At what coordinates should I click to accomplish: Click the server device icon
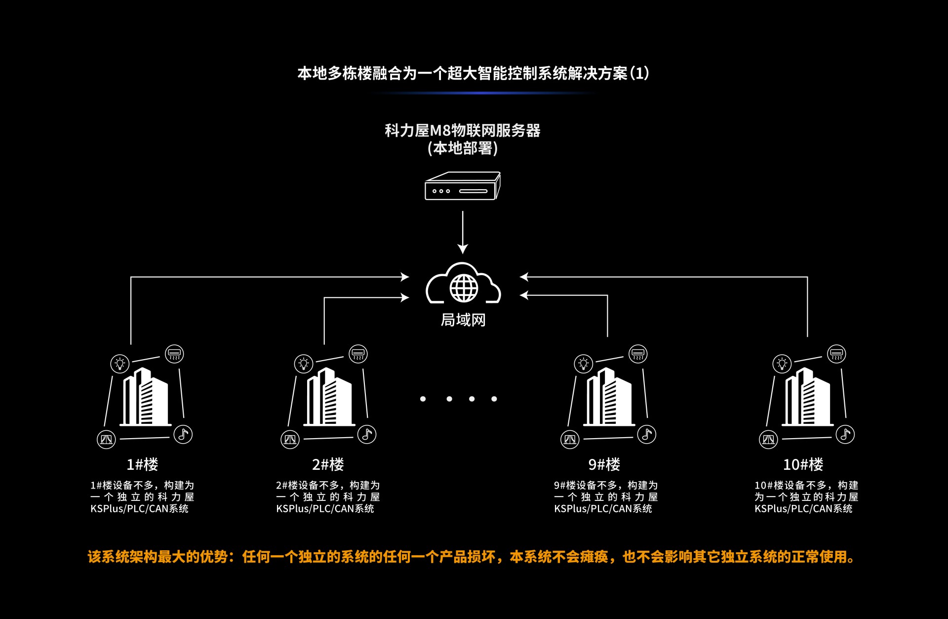[x=463, y=186]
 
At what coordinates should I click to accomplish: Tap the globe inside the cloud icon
[x=464, y=288]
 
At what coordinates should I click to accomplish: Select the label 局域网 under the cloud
[x=463, y=320]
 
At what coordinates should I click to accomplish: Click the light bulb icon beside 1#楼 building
[x=120, y=364]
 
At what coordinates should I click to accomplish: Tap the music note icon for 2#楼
[x=367, y=434]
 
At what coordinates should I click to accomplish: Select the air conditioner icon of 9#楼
[x=638, y=354]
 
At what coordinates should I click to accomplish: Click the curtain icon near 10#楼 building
[x=768, y=439]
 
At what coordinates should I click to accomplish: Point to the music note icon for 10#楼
[x=845, y=434]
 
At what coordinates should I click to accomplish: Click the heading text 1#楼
[x=142, y=464]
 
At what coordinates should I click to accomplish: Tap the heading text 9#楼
[x=604, y=464]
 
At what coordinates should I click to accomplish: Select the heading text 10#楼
[x=803, y=464]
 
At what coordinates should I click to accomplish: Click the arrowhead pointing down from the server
[x=463, y=248]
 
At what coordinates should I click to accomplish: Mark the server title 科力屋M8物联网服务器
[x=463, y=130]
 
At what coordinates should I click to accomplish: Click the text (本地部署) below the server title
[x=463, y=148]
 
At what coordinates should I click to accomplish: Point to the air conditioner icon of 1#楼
[x=174, y=354]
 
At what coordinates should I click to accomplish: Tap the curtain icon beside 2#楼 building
[x=290, y=439]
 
